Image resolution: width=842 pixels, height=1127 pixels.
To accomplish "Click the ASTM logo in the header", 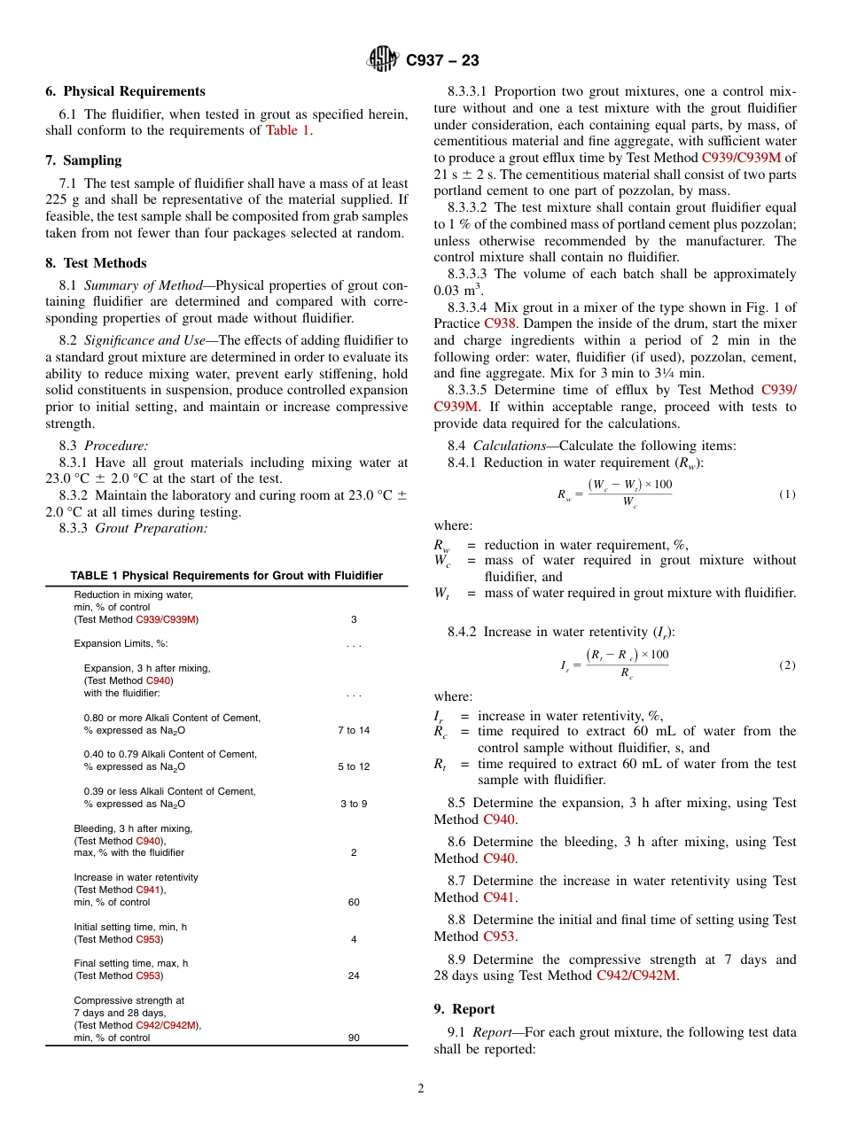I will (384, 60).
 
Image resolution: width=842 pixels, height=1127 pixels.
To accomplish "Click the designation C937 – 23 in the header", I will (442, 60).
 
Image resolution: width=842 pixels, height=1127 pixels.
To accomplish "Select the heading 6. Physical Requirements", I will (125, 91).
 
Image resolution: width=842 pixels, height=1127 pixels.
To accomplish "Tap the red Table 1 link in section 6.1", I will (288, 130).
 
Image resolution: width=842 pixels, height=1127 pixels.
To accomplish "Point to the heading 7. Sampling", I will (83, 160).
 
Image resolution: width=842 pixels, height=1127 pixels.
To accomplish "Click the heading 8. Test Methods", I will (96, 263).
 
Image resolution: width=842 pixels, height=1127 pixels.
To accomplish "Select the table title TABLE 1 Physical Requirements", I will (226, 576).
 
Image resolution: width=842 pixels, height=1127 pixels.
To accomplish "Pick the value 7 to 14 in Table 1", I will (354, 730).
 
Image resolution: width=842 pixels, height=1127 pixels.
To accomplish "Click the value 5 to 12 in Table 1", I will (354, 766).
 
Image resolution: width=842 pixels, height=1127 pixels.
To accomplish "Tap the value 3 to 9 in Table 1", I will (354, 804).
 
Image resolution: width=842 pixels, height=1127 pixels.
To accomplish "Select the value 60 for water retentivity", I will (354, 902).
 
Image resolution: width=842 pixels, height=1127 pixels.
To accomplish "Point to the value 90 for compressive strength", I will (354, 1038).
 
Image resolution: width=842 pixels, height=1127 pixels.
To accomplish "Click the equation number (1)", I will (787, 494).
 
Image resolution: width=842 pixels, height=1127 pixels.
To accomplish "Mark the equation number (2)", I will (787, 665).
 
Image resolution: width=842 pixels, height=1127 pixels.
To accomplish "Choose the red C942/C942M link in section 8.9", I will (636, 975).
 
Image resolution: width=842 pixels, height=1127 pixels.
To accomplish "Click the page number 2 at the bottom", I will (421, 1088).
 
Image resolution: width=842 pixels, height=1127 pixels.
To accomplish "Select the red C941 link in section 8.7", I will (499, 898).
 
